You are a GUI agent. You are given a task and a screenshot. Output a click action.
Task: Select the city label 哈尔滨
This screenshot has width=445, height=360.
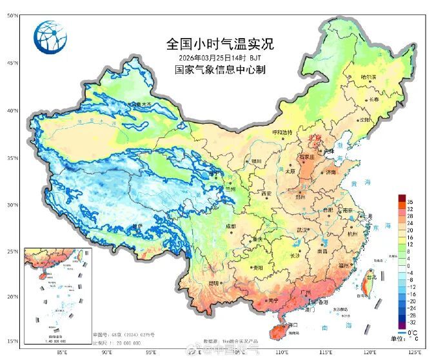click(x=368, y=77)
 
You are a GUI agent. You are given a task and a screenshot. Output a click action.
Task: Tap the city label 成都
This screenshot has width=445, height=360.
click(x=231, y=226)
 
